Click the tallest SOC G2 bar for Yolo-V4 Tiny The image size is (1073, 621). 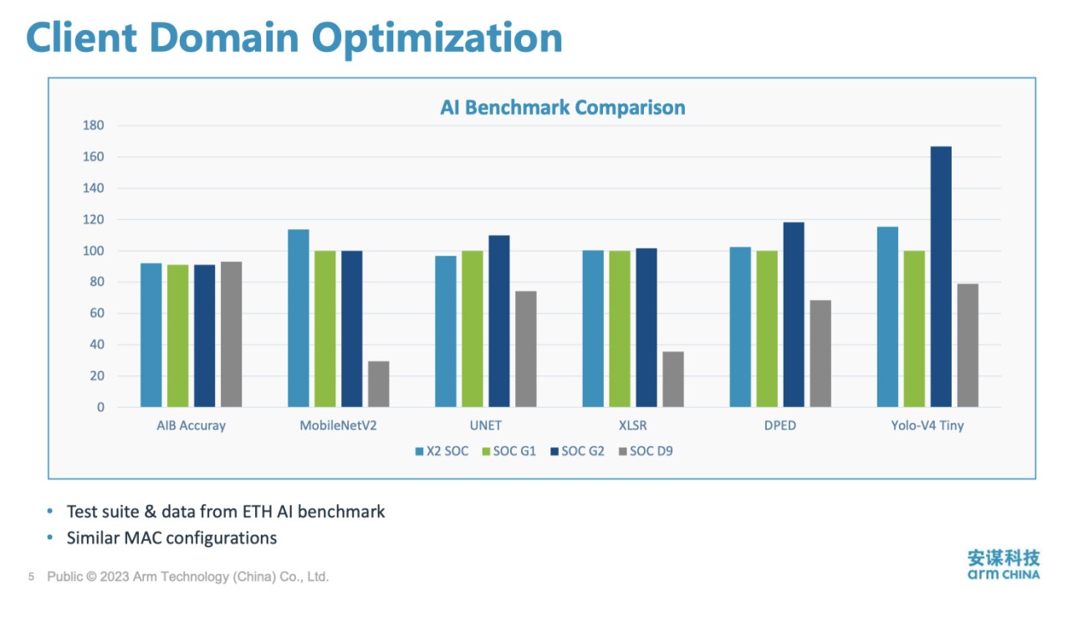(941, 277)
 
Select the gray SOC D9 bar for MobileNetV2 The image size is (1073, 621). (378, 384)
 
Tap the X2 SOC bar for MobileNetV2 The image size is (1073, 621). (299, 318)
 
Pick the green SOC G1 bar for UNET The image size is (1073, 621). (472, 328)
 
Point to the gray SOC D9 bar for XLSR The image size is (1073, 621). (673, 379)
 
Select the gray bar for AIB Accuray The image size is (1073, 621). (231, 334)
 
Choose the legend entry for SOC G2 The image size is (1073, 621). (577, 451)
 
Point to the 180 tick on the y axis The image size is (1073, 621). (93, 125)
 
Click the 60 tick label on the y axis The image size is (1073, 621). (96, 313)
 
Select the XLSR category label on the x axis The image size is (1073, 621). (633, 425)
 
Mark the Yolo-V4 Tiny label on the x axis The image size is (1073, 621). (927, 425)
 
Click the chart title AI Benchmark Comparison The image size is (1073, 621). (563, 108)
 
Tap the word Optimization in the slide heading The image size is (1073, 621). (437, 38)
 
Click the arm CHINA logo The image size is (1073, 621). (1004, 564)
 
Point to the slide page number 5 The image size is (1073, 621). (31, 577)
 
